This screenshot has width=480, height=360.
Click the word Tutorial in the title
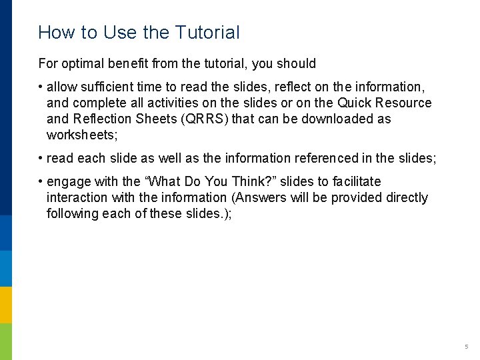point(207,32)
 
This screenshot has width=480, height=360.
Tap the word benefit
point(129,64)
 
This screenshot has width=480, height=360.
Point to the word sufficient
point(105,87)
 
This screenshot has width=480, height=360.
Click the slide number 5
point(467,347)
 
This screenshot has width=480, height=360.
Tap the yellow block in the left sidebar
point(6,305)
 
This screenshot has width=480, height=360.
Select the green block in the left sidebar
point(6,341)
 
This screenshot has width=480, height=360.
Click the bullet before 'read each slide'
point(41,159)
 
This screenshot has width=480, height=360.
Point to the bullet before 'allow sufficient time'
point(41,87)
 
